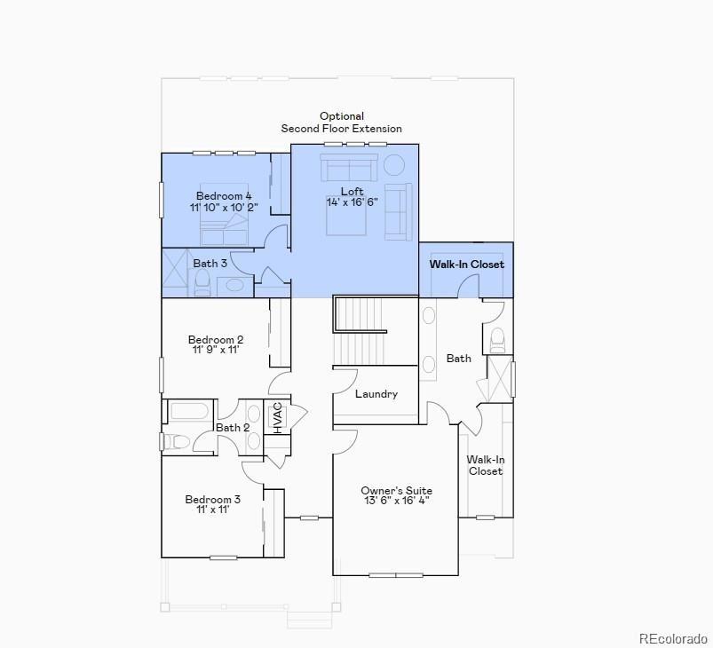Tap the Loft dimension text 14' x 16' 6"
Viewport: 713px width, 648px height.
point(352,202)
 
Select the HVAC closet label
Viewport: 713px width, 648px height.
point(277,417)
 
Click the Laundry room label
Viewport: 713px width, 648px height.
point(376,394)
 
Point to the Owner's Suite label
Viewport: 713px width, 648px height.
point(396,491)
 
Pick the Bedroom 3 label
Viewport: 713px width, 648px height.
point(213,500)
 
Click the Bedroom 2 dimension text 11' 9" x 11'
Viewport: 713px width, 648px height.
point(216,351)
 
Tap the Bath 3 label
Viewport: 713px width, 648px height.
point(210,264)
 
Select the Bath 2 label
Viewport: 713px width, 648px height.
point(234,428)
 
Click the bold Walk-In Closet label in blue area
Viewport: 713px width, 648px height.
point(466,265)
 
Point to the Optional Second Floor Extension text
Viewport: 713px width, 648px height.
point(342,122)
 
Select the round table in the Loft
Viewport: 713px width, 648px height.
point(393,165)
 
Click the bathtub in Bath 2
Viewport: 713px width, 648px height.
point(190,411)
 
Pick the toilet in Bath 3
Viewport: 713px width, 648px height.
point(202,283)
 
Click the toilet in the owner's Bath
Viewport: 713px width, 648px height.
point(498,338)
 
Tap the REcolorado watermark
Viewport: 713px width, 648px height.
point(673,638)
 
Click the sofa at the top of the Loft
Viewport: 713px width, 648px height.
point(349,168)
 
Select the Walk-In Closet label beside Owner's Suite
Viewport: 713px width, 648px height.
point(486,465)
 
